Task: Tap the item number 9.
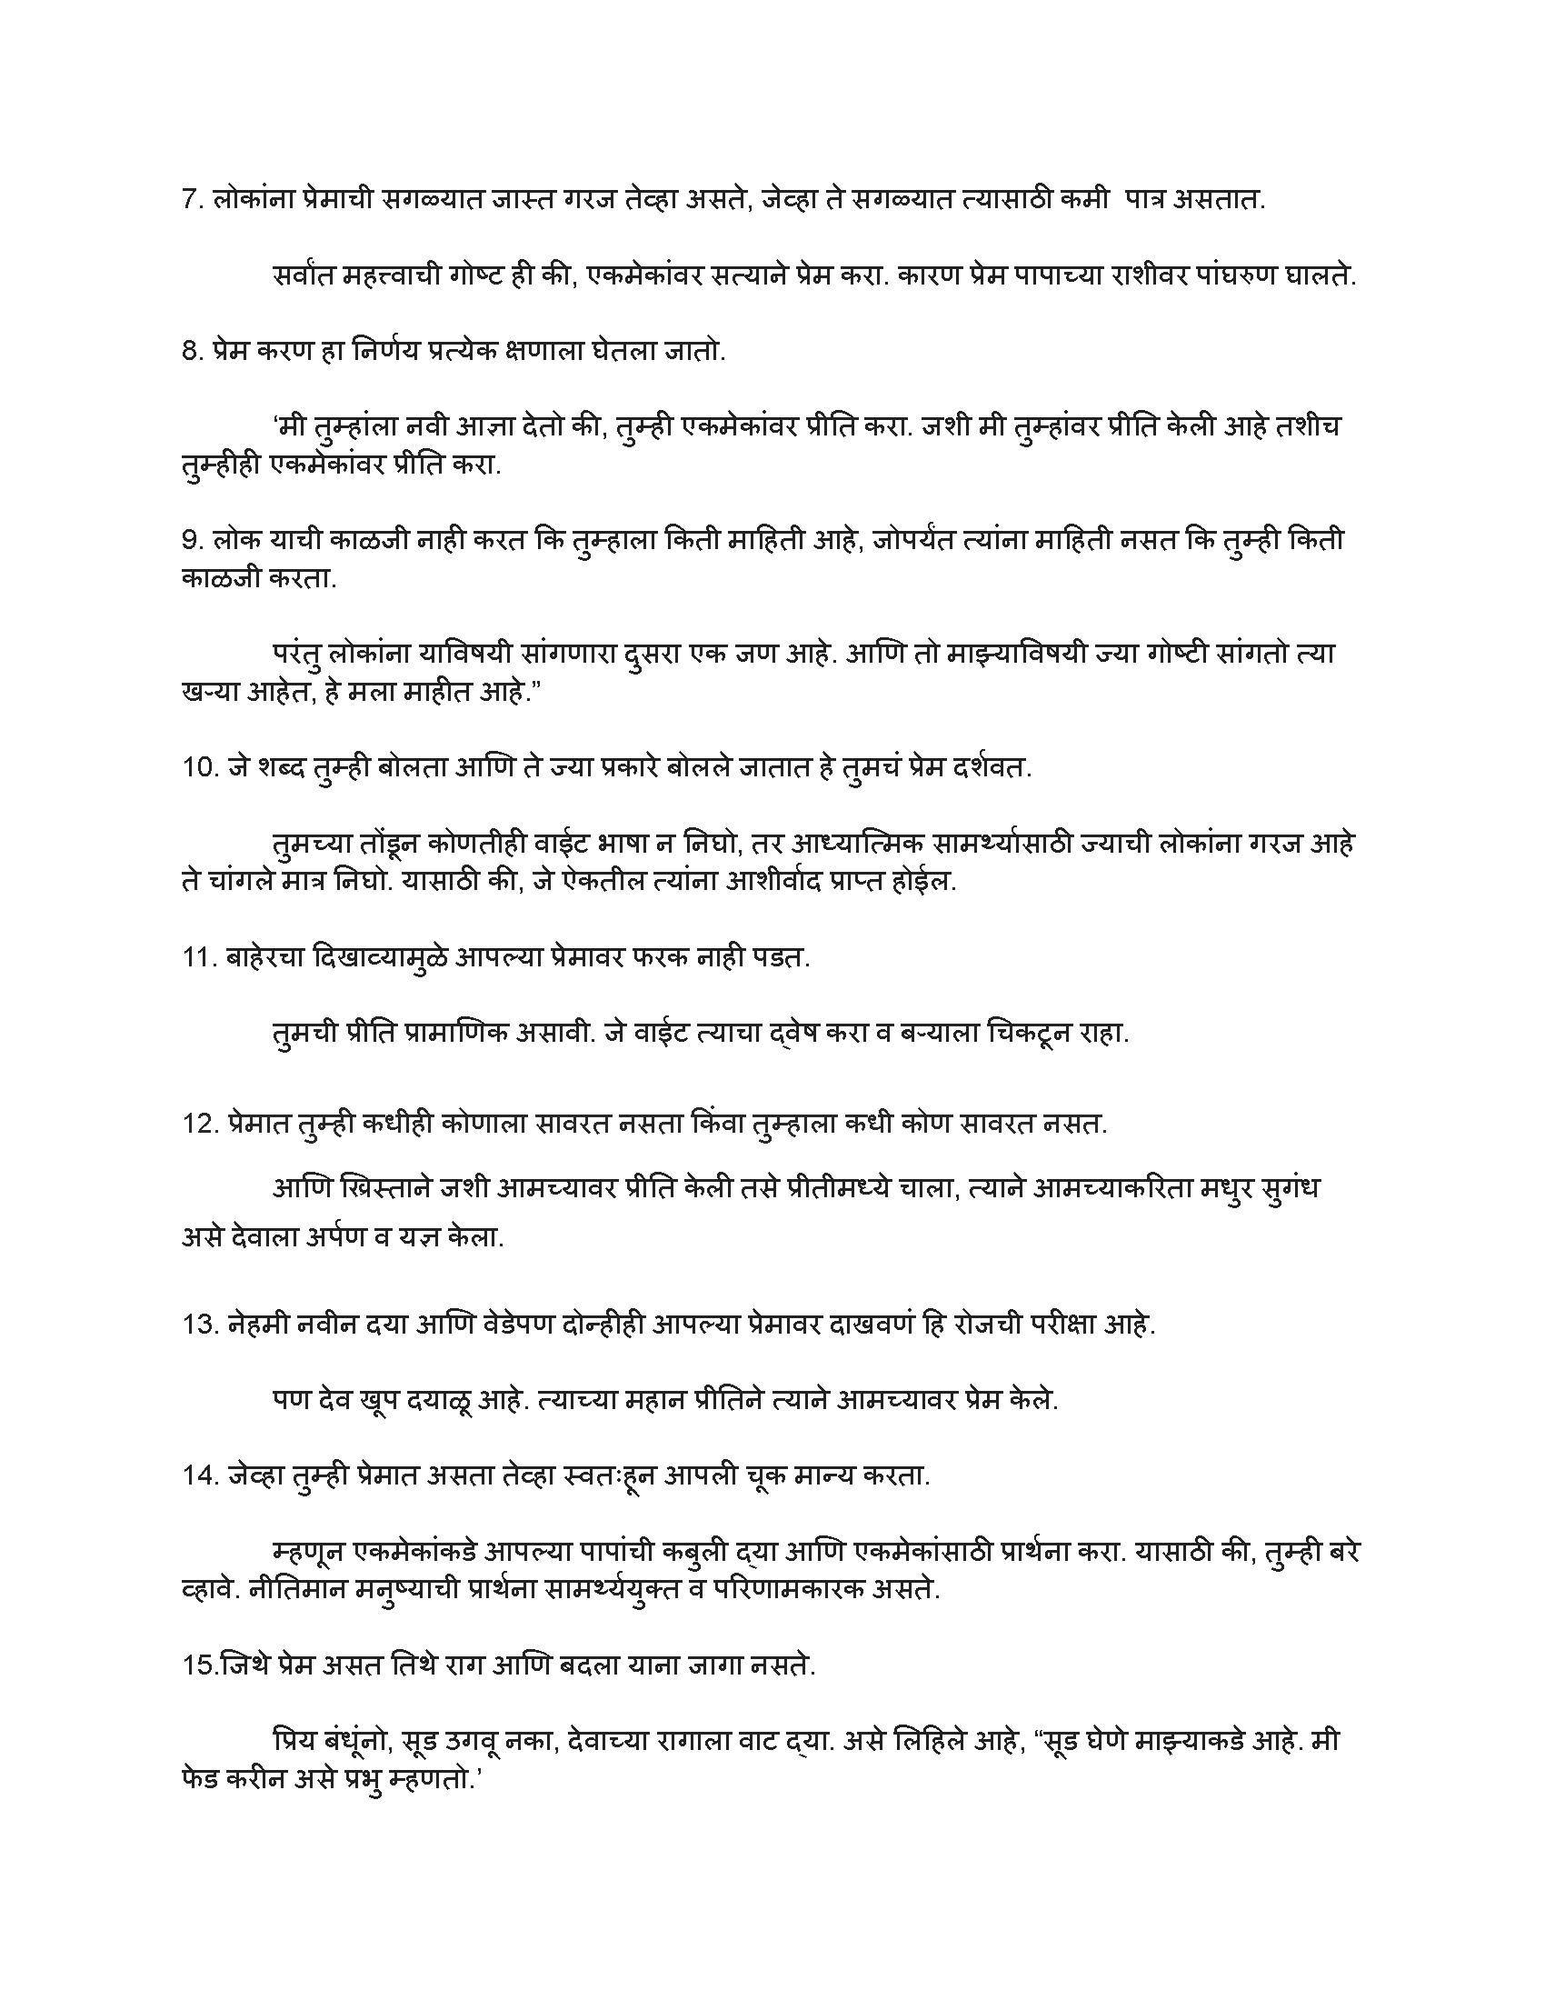191,541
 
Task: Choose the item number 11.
198,958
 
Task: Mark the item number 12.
199,1124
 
